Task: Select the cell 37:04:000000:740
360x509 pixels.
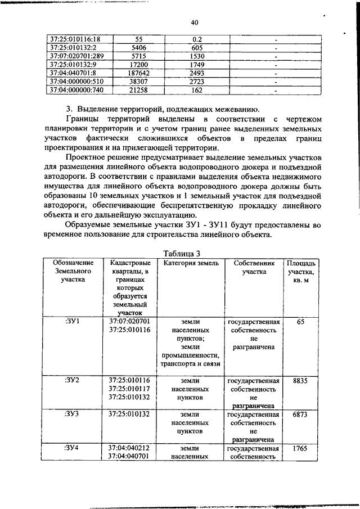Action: [78, 89]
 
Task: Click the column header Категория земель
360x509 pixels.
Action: [188, 247]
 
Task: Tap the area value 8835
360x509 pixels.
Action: [301, 381]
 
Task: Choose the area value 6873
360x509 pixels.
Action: [301, 414]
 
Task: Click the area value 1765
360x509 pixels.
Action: [301, 448]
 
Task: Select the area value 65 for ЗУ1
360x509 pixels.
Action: [301, 322]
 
